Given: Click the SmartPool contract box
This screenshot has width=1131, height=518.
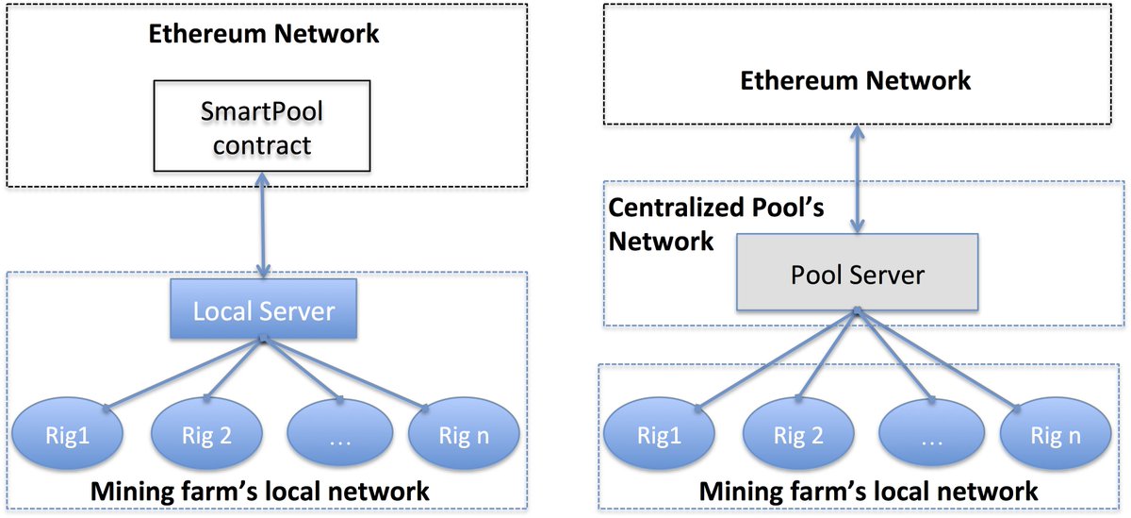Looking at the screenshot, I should [262, 128].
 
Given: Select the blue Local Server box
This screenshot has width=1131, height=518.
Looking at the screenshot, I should [263, 309].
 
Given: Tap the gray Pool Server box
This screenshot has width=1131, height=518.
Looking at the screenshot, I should [857, 276].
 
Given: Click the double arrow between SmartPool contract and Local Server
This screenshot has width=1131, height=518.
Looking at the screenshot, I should [262, 226].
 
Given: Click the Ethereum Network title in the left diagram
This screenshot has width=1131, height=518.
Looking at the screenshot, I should [263, 35].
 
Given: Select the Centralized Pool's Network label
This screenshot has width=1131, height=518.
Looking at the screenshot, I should [716, 225].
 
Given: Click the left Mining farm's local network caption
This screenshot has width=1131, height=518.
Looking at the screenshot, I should [259, 492].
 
